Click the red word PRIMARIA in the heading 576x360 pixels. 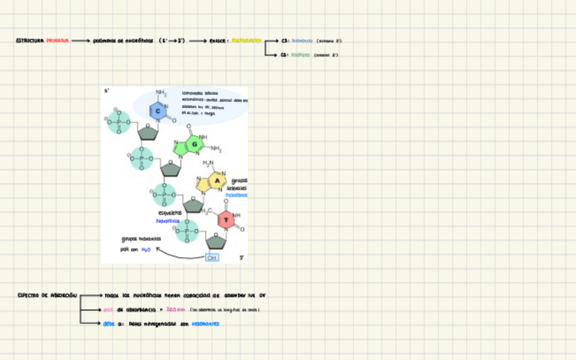point(58,41)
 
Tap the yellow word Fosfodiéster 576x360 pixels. point(246,41)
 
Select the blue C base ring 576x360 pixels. point(157,111)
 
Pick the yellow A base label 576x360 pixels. point(217,181)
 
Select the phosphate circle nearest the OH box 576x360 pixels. point(187,232)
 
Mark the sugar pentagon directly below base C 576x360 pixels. point(147,133)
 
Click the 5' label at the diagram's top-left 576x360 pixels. point(107,91)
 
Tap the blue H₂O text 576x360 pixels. point(145,249)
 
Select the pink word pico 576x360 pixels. point(109,310)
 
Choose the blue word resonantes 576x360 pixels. point(205,324)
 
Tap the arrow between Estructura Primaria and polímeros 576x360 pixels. point(81,41)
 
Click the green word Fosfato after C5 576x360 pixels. point(300,55)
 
